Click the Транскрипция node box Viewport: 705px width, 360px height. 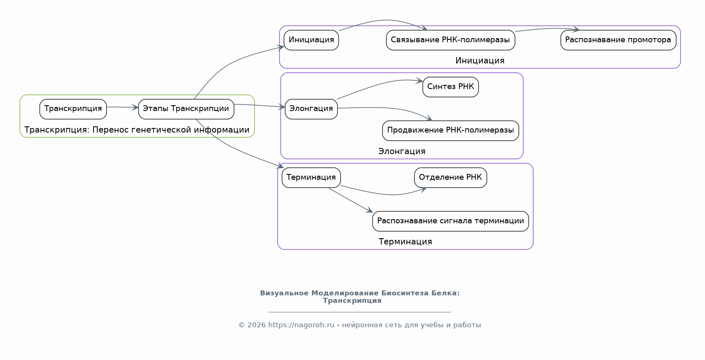click(x=73, y=109)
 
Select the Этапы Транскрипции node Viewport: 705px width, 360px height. click(x=186, y=109)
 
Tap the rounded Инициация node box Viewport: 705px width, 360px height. click(x=311, y=40)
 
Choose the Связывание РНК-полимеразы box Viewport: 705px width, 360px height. click(x=450, y=40)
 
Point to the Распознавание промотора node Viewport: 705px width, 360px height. click(x=618, y=40)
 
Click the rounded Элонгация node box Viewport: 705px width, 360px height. click(x=311, y=109)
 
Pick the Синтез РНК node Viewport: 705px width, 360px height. click(x=450, y=87)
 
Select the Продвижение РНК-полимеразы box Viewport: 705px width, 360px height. click(x=450, y=130)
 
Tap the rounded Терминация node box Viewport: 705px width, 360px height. click(x=311, y=178)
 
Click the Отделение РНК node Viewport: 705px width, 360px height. click(x=450, y=178)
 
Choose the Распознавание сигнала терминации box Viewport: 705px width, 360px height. click(x=450, y=221)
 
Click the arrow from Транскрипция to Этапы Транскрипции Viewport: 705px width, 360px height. click(x=123, y=107)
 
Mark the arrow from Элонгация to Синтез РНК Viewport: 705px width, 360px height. click(x=379, y=85)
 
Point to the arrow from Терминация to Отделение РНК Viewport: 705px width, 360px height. click(x=384, y=194)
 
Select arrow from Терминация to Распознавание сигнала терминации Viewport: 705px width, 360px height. click(x=350, y=201)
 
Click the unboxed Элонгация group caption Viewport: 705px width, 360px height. click(x=402, y=152)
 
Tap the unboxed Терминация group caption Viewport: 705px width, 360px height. click(x=405, y=242)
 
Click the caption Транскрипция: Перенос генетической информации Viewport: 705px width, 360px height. click(x=137, y=130)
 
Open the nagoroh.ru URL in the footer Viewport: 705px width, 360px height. click(x=301, y=325)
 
